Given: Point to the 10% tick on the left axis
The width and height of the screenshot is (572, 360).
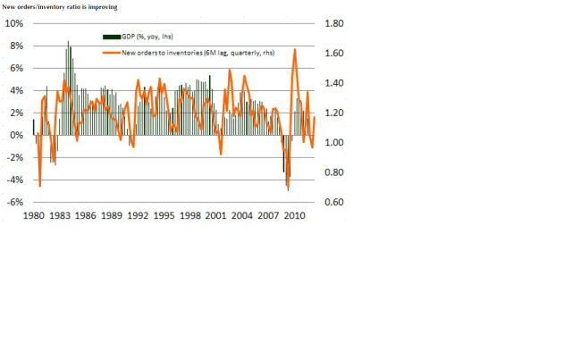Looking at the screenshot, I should [x=16, y=23].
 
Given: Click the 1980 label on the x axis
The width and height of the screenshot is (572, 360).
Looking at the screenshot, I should [x=35, y=216].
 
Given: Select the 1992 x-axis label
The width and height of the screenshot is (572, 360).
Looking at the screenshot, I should [x=138, y=216].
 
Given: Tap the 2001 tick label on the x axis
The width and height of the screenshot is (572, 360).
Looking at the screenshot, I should [x=215, y=216].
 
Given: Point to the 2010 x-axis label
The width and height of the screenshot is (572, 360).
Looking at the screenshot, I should [x=293, y=216].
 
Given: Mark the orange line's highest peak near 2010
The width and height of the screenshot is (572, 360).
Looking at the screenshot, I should [x=295, y=49].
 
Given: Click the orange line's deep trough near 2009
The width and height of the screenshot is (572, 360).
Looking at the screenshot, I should [x=288, y=190].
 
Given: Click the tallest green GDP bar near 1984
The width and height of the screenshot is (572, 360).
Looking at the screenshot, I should [x=68, y=41].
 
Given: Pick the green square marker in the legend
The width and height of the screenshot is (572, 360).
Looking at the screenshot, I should [x=112, y=36].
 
